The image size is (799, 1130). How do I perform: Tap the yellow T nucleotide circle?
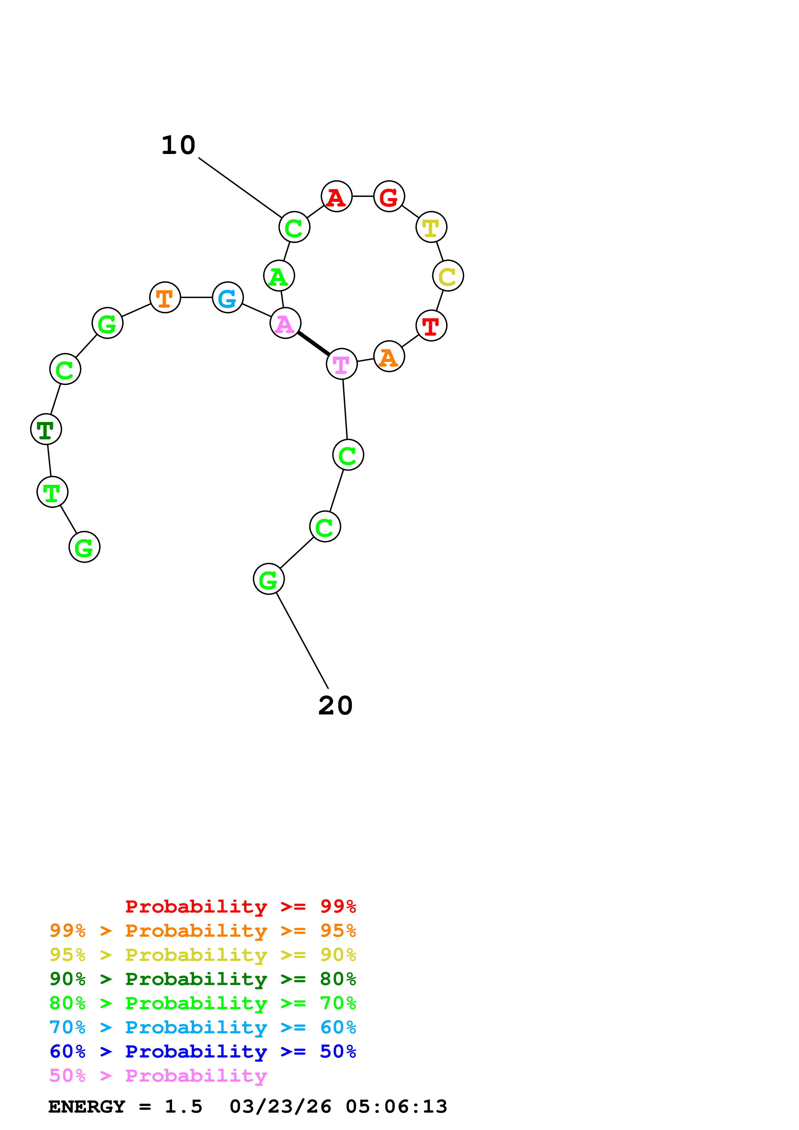[431, 227]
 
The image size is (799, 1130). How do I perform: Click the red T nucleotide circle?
[431, 325]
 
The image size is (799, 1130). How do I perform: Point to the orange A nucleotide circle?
[389, 356]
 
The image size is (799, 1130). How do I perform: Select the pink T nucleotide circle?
[342, 364]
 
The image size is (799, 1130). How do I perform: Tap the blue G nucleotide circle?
[228, 297]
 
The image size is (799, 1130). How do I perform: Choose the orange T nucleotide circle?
[165, 297]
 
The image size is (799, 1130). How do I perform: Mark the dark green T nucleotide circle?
[46, 429]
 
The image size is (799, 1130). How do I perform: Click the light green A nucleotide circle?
[279, 276]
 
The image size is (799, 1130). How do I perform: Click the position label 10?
[179, 145]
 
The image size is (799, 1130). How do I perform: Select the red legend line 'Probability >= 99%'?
[241, 906]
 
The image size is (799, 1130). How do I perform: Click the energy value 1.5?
[183, 1106]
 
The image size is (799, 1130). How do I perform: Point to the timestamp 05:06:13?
[396, 1106]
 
